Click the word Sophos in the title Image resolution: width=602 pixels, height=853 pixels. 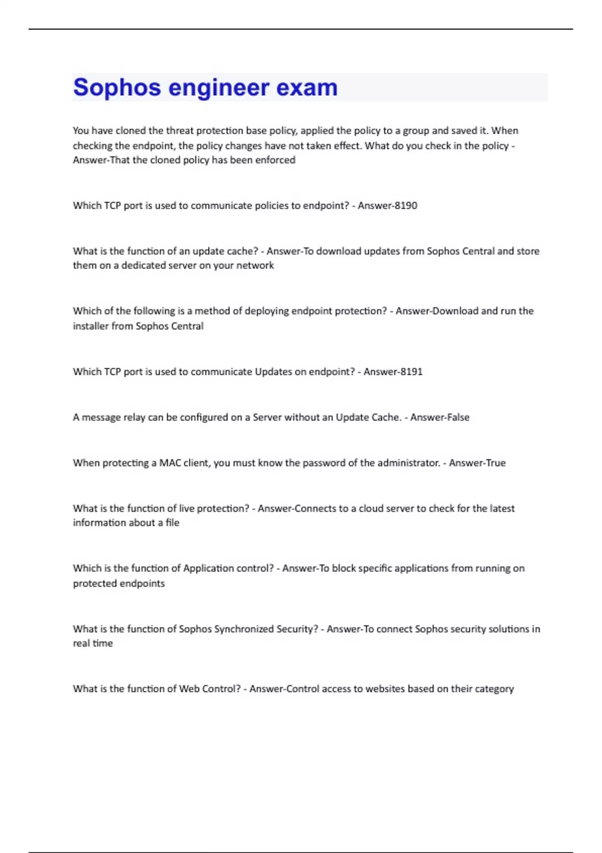(117, 87)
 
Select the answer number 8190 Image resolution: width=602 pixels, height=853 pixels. (406, 205)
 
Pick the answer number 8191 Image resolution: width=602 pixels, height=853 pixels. (411, 371)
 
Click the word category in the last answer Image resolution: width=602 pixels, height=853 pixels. (494, 689)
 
